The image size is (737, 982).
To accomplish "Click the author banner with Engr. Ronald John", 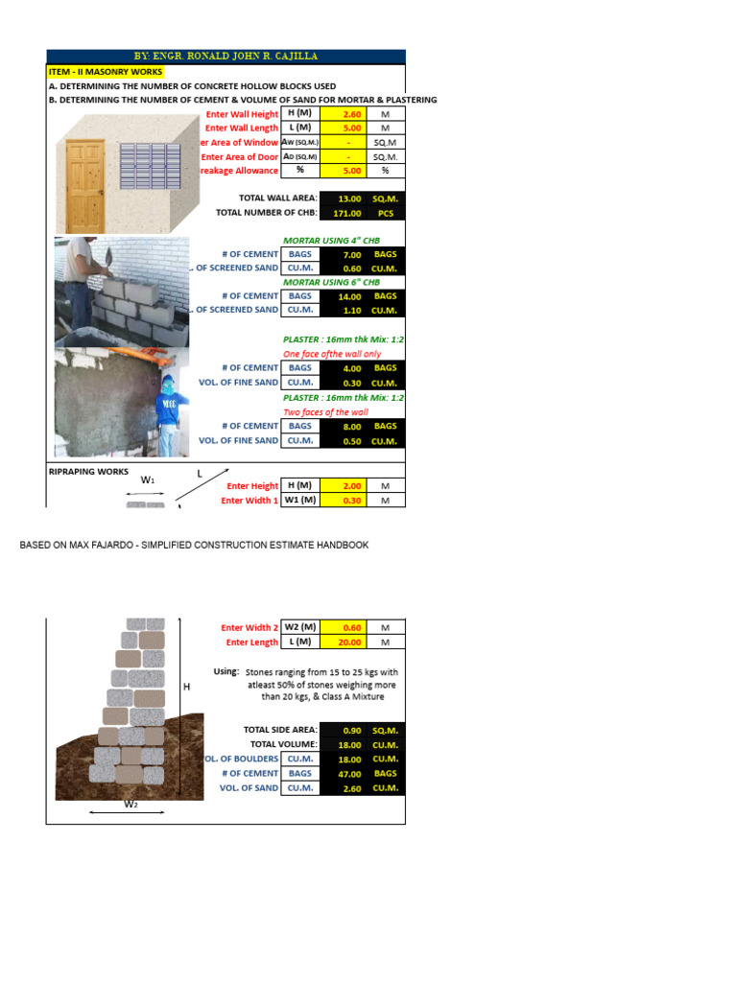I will point(226,57).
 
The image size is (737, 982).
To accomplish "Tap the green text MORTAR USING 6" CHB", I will point(331,282).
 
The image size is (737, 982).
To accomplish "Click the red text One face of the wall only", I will point(332,354).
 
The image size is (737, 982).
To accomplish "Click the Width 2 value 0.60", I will point(350,627).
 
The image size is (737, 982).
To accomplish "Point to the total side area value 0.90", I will point(351,730).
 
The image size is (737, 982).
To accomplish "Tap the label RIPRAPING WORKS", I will point(88,472).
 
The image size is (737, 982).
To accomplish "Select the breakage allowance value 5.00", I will point(350,171).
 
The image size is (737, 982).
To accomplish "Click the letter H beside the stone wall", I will point(186,687).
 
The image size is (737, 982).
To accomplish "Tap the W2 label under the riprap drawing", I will point(130,805).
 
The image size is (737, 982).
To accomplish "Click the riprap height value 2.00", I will point(350,486).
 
